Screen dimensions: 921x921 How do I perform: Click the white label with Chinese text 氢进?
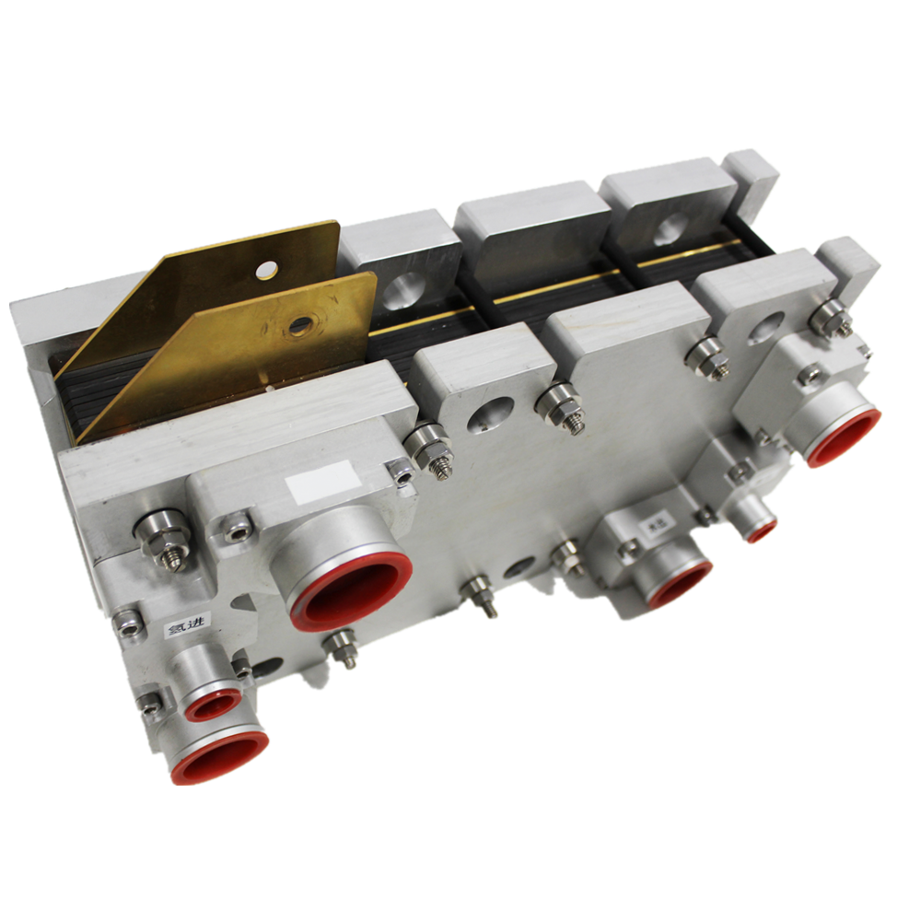pos(183,629)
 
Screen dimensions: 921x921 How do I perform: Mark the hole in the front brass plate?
pos(299,325)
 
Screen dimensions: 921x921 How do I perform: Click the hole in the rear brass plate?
pos(266,269)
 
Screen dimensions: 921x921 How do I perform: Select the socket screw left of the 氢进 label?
pos(129,624)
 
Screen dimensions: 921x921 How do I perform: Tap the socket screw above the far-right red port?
pos(810,375)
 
